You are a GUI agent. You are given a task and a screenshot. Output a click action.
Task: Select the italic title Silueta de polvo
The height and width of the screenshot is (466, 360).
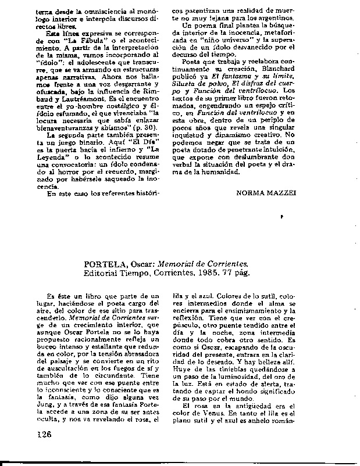197,98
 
